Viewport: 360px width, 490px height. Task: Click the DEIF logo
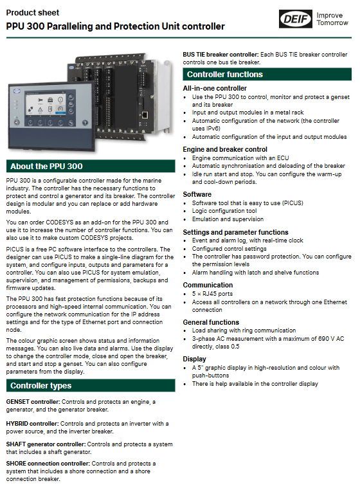295,19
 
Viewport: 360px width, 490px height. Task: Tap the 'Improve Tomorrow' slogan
332,19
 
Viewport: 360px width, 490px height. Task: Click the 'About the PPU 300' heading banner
91,167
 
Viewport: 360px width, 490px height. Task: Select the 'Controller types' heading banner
91,386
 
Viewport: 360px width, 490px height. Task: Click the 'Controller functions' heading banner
267,75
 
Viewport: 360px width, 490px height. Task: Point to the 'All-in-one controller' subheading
215,89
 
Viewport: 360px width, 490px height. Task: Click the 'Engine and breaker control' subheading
225,149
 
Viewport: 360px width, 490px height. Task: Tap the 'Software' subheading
197,194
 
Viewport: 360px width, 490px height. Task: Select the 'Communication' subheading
208,285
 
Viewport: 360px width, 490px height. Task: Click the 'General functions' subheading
211,322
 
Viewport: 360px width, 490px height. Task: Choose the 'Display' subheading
194,359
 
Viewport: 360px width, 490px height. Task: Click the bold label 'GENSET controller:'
33,401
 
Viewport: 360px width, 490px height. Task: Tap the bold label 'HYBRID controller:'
33,423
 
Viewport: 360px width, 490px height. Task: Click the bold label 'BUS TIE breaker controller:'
221,55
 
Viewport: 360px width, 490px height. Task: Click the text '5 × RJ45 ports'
212,294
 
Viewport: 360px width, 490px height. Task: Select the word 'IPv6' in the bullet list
213,129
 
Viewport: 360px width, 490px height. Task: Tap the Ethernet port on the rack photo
145,114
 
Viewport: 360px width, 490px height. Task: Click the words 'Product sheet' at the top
33,13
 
